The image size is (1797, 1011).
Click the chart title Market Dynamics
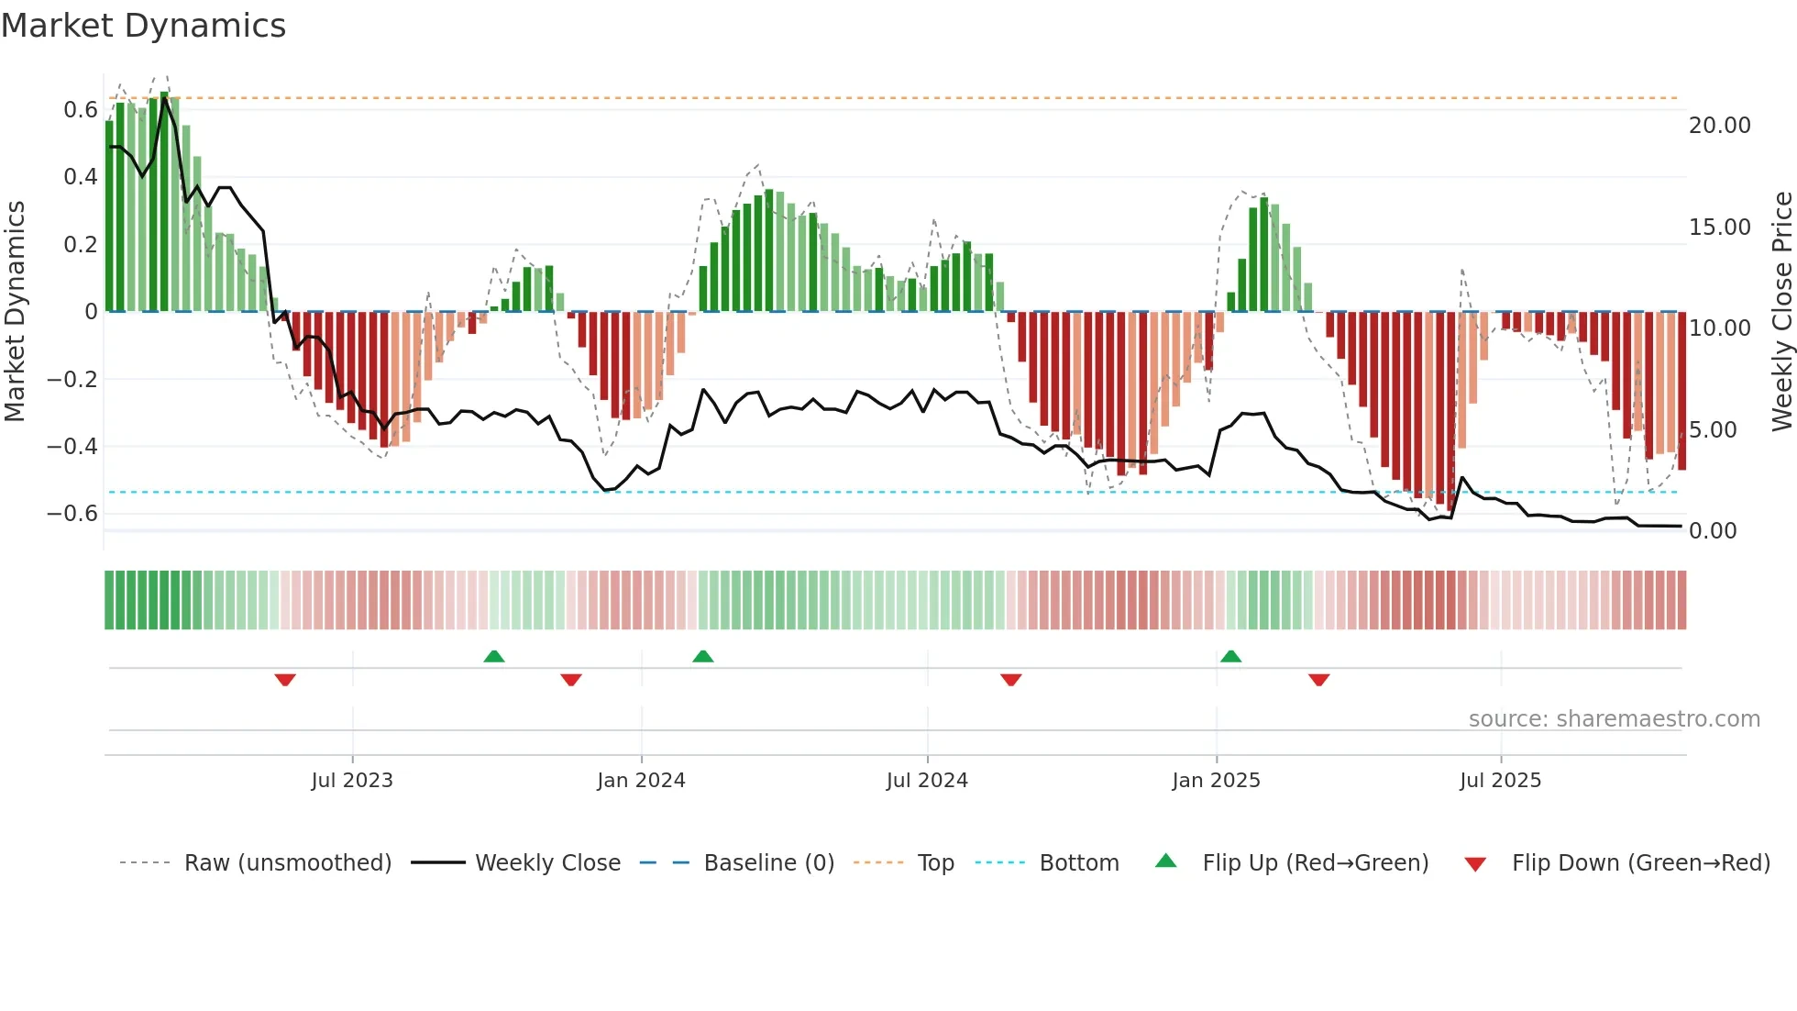[x=144, y=26]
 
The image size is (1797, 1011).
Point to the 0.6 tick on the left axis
[x=81, y=110]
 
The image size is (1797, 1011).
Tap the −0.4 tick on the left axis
[x=72, y=447]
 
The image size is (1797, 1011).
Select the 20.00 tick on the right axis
[x=1719, y=126]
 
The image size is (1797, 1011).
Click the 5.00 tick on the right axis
[x=1713, y=430]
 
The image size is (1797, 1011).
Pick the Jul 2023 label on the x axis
[x=352, y=781]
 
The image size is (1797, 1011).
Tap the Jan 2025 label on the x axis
[x=1216, y=781]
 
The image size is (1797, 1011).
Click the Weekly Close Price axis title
[x=1781, y=312]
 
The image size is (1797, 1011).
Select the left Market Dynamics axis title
[x=16, y=312]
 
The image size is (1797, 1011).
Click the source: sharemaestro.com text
[x=1614, y=719]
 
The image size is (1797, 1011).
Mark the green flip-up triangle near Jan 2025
[x=1230, y=657]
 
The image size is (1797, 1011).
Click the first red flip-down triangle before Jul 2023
[x=285, y=680]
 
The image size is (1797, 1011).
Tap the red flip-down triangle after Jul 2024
[x=1010, y=680]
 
